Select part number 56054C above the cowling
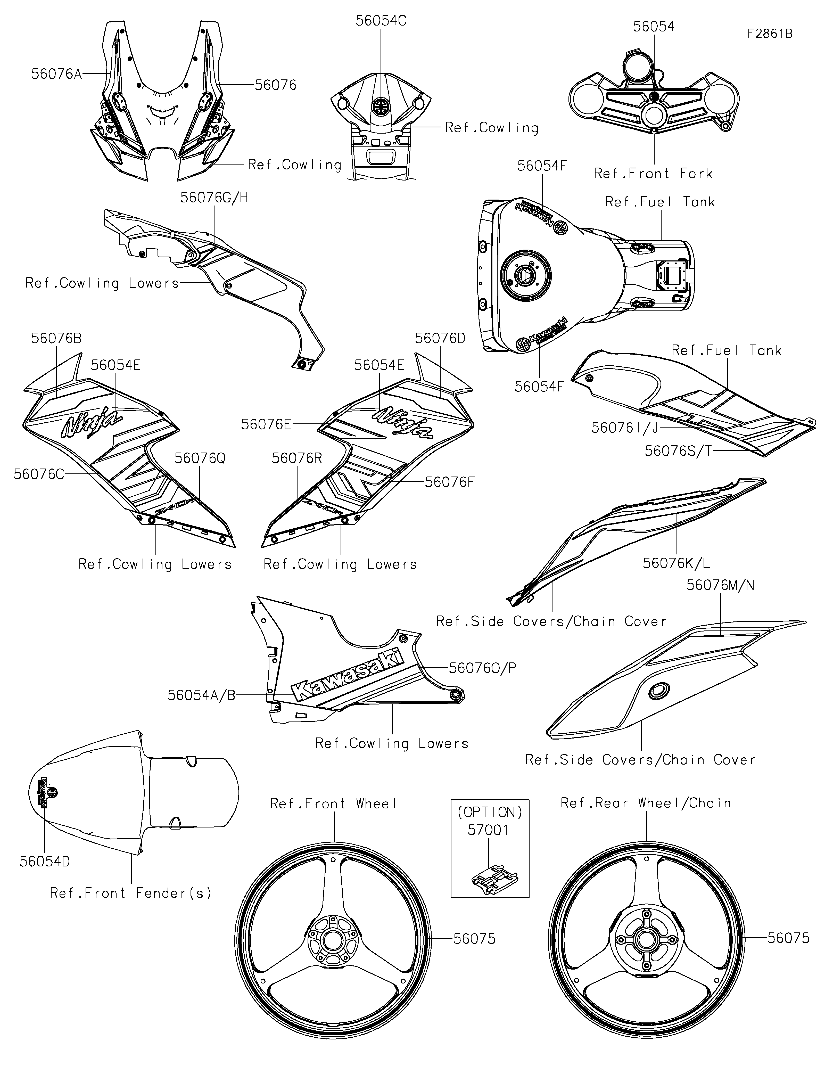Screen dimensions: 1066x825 381,21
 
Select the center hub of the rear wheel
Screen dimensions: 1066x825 646,940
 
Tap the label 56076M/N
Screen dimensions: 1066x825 720,585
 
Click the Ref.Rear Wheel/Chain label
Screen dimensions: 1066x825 646,803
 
